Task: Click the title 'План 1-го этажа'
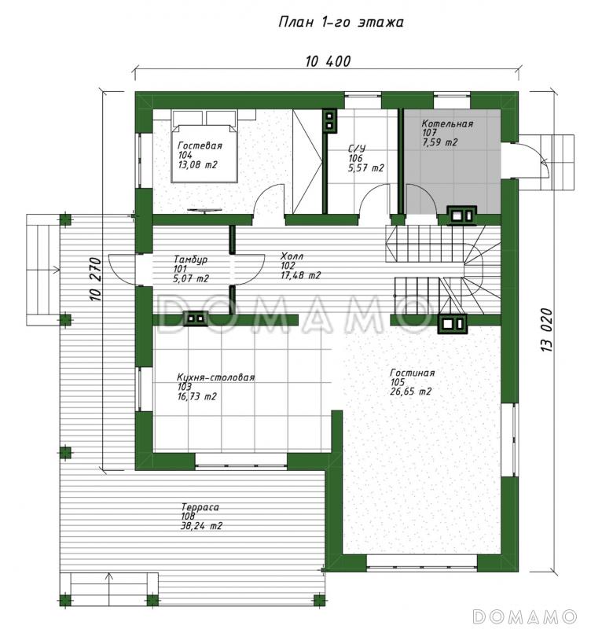(x=341, y=22)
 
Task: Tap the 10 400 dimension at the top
(x=328, y=61)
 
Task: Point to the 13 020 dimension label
(x=547, y=330)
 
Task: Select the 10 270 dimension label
(x=95, y=279)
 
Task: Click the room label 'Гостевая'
(x=200, y=145)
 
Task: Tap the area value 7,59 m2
(x=440, y=142)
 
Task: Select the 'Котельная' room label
(x=447, y=123)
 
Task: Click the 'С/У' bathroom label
(x=357, y=149)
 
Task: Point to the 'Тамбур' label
(x=190, y=259)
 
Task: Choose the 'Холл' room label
(x=292, y=256)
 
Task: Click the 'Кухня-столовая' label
(x=215, y=377)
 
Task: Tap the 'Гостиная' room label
(x=412, y=373)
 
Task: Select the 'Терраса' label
(x=200, y=507)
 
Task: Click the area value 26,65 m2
(x=411, y=392)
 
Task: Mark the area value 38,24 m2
(x=201, y=526)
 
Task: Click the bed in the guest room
(x=204, y=146)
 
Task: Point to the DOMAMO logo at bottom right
(x=525, y=616)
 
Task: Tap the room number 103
(x=184, y=387)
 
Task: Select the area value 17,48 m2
(x=301, y=275)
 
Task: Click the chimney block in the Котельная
(x=462, y=215)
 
